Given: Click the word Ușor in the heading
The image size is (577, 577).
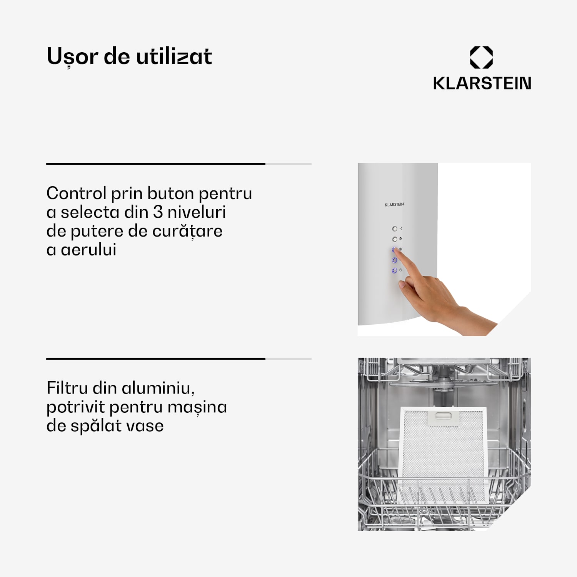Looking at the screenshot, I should coord(72,57).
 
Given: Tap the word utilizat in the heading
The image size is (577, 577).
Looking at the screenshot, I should coord(174,57).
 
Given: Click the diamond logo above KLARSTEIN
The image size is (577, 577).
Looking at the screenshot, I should coord(481,57).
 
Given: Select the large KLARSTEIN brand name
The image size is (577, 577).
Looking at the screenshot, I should coord(482,83).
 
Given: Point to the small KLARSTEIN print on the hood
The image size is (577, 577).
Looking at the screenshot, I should coord(394,205).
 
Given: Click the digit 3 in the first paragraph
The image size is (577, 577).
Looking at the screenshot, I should coord(158,212).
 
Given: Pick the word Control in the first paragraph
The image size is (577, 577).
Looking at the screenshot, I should coord(76,193).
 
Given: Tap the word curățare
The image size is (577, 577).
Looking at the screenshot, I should coord(187,231).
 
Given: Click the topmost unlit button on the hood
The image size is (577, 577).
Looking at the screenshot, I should coord(395,229).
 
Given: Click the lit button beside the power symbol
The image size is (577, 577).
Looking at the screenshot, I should coord(395,271).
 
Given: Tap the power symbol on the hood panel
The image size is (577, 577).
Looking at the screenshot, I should coord(400,270).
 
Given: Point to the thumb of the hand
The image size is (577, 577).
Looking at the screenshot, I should coord(402,285).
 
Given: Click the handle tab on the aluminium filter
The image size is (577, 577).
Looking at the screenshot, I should coord(443,417).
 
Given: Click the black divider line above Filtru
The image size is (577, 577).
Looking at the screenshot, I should coord(156,359).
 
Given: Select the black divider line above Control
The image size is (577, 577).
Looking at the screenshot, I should coord(156,164).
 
